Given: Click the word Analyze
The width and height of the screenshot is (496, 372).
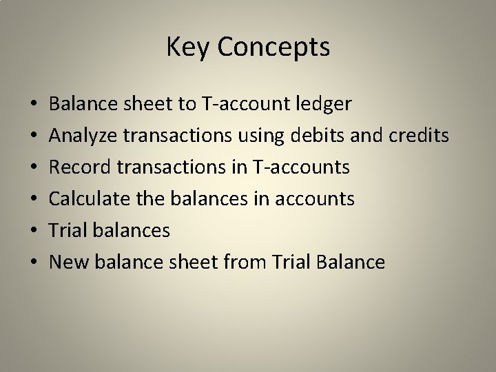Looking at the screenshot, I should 83,136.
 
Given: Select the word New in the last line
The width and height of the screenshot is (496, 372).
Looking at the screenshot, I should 65,262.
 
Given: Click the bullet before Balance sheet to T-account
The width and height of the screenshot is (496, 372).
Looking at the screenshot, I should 34,105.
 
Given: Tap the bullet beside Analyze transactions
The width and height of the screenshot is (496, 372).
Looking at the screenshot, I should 34,137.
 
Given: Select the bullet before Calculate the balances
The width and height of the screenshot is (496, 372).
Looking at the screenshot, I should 34,200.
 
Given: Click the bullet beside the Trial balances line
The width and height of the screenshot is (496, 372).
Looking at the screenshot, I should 34,231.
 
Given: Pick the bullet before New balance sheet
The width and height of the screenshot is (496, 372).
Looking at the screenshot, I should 34,262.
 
